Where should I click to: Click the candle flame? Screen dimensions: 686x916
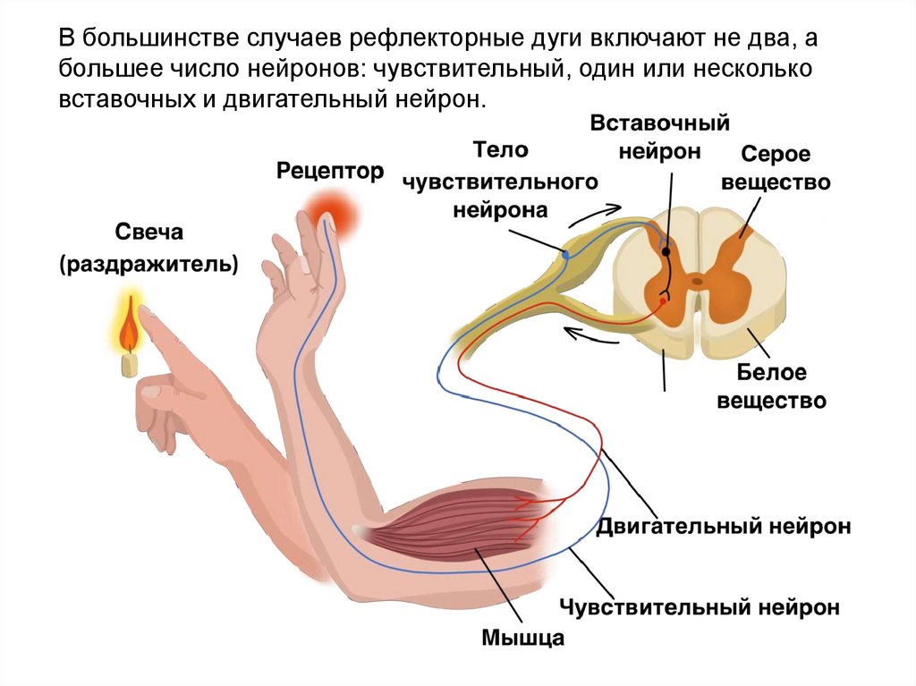pyautogui.click(x=131, y=327)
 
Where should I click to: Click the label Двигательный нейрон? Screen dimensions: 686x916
pyautogui.click(x=723, y=525)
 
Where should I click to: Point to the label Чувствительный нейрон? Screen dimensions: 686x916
pyautogui.click(x=700, y=609)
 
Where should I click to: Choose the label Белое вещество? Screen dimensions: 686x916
pyautogui.click(x=772, y=385)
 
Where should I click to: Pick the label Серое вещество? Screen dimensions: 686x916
pyautogui.click(x=774, y=168)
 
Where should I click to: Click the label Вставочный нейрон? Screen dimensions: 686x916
pyautogui.click(x=660, y=137)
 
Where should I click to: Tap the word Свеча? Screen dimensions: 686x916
pyautogui.click(x=149, y=233)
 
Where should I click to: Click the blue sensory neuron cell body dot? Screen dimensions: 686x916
pyautogui.click(x=565, y=254)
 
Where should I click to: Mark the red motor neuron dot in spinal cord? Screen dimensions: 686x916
pyautogui.click(x=663, y=301)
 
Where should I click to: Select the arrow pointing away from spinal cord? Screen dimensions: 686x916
pyautogui.click(x=587, y=335)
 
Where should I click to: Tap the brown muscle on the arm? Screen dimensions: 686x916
pyautogui.click(x=447, y=527)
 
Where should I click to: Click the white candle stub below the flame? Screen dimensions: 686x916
pyautogui.click(x=130, y=363)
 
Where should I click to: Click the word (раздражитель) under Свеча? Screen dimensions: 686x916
pyautogui.click(x=149, y=265)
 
